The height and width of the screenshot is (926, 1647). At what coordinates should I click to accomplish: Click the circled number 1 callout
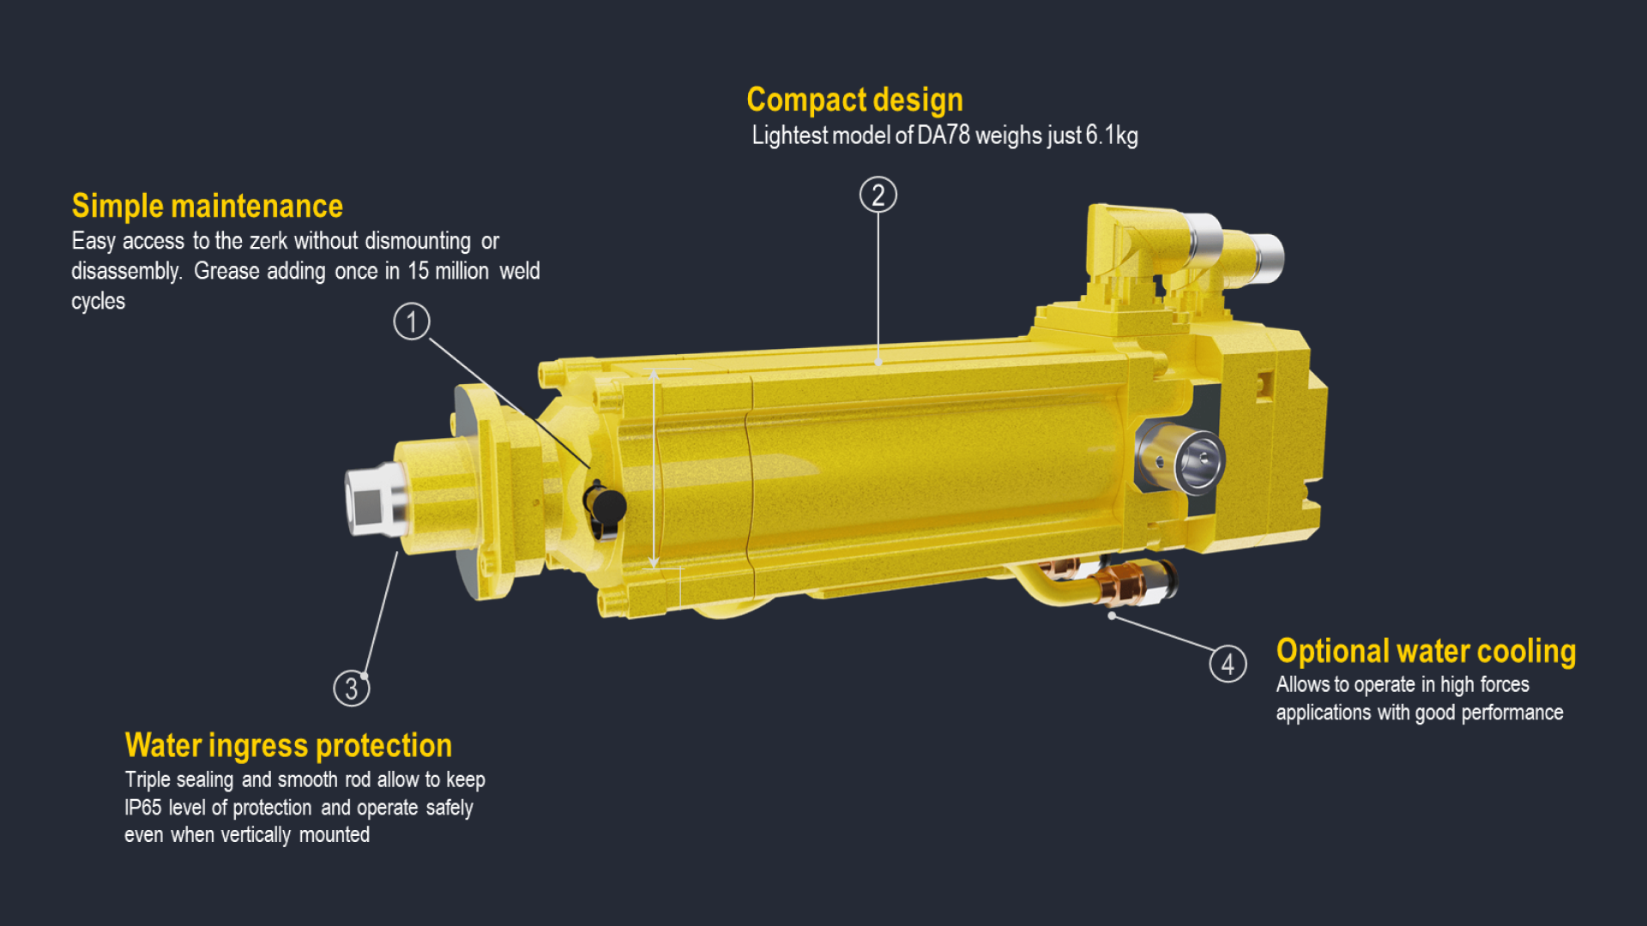tap(412, 322)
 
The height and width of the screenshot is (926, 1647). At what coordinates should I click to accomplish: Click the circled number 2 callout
tap(878, 195)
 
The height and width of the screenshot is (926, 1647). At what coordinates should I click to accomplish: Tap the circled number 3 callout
tap(352, 688)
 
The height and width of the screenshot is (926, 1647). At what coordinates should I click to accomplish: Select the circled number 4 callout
tap(1228, 664)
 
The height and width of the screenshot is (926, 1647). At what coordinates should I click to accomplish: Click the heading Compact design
tap(854, 100)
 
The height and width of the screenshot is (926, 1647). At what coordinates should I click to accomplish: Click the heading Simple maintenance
tap(208, 206)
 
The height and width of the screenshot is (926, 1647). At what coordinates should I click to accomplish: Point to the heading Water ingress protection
tap(288, 746)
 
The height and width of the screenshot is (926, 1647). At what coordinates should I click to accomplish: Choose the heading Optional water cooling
tap(1426, 652)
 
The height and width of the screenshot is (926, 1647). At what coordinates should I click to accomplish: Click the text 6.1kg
tap(1112, 135)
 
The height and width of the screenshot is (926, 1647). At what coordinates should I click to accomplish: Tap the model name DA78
tap(944, 135)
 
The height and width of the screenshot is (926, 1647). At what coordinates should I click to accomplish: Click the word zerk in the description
tap(268, 241)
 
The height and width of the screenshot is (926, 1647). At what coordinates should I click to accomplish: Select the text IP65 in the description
tap(142, 808)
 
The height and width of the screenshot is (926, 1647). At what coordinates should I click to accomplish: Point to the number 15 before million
tap(418, 271)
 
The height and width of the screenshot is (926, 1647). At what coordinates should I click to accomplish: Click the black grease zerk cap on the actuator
tap(607, 508)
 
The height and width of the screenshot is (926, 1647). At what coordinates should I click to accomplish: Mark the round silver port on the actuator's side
tap(1199, 461)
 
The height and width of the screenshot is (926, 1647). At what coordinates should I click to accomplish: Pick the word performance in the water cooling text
tap(1512, 713)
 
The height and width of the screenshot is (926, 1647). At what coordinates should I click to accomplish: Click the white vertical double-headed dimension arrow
tap(654, 468)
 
